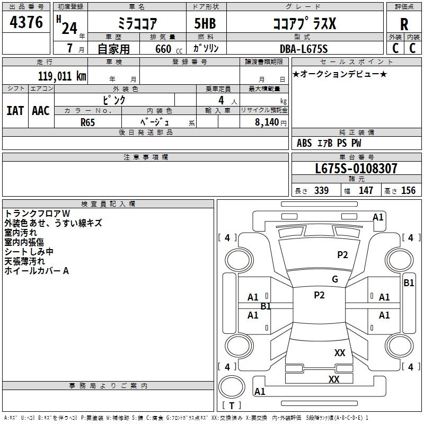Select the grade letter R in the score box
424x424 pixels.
404,24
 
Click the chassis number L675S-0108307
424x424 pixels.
356,169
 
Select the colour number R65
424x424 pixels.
88,121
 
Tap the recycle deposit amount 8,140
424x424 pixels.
267,121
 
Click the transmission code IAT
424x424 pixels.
15,111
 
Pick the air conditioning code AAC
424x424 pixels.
41,111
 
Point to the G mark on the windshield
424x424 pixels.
335,279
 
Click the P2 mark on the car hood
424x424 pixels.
343,255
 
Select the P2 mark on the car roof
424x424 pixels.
319,295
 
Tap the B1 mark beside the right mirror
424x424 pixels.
409,283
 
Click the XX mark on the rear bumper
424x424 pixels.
334,379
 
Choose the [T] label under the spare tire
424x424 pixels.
231,406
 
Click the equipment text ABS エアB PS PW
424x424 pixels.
329,143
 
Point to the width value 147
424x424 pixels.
366,191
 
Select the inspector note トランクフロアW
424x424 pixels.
33,213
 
